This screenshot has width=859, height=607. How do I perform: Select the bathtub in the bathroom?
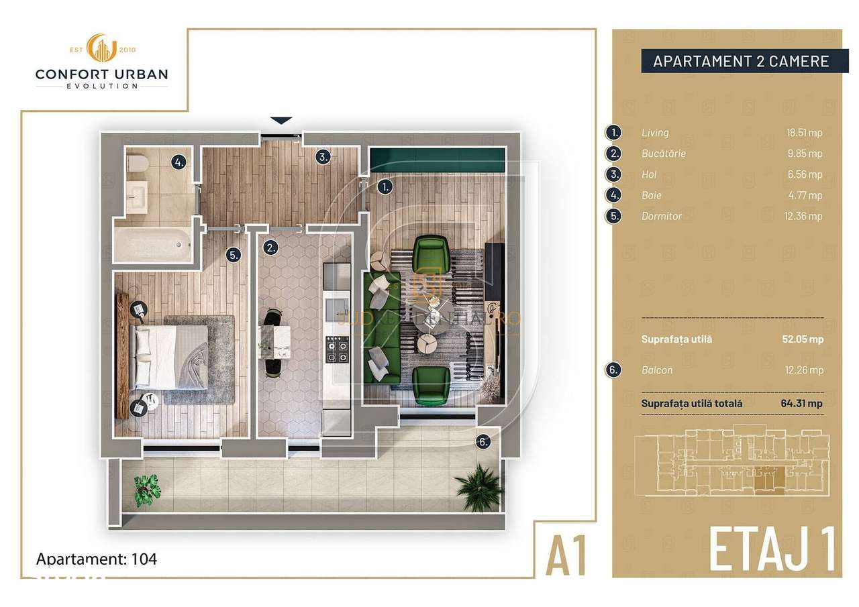[154, 244]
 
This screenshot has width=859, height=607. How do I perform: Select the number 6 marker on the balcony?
[483, 442]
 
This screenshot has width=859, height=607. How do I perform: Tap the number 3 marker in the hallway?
[323, 157]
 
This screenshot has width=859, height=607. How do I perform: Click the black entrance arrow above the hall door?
[281, 121]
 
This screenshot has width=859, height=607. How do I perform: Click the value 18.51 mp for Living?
[804, 133]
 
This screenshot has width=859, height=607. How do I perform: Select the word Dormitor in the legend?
[661, 216]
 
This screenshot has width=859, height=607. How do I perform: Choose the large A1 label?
[566, 553]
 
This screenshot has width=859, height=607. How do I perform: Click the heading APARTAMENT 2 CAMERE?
[741, 62]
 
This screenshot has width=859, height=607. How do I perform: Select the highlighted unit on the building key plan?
[762, 477]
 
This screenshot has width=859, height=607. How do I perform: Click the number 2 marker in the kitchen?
[270, 246]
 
